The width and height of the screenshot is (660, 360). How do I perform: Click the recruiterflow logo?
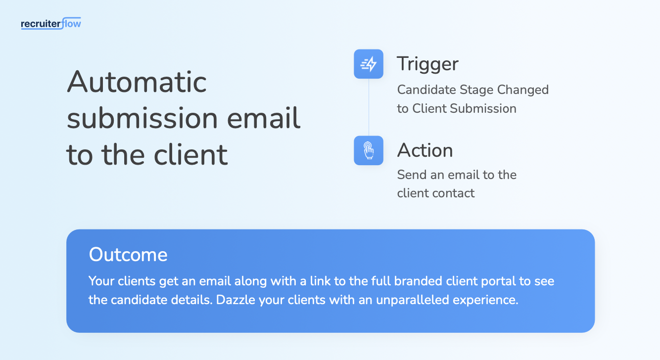pyautogui.click(x=51, y=23)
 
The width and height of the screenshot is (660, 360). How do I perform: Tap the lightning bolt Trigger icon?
pyautogui.click(x=369, y=64)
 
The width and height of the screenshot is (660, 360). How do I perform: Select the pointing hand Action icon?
pyautogui.click(x=369, y=150)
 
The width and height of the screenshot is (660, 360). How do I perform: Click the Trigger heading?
pyautogui.click(x=427, y=64)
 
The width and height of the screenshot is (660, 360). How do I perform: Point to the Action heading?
pyautogui.click(x=425, y=150)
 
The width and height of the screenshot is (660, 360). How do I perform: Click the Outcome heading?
pyautogui.click(x=128, y=255)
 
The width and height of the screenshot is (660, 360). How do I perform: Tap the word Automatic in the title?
pyautogui.click(x=137, y=82)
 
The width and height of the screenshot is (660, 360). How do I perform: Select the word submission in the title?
pyautogui.click(x=142, y=118)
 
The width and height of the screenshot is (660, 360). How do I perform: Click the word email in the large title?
pyautogui.click(x=264, y=118)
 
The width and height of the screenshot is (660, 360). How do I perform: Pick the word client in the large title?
pyautogui.click(x=190, y=154)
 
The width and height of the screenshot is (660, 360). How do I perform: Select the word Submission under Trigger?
pyautogui.click(x=483, y=108)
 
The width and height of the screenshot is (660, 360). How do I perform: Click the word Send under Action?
pyautogui.click(x=412, y=175)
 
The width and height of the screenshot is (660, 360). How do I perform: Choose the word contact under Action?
pyautogui.click(x=454, y=193)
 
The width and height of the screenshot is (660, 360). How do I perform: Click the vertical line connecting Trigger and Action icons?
pyautogui.click(x=369, y=107)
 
